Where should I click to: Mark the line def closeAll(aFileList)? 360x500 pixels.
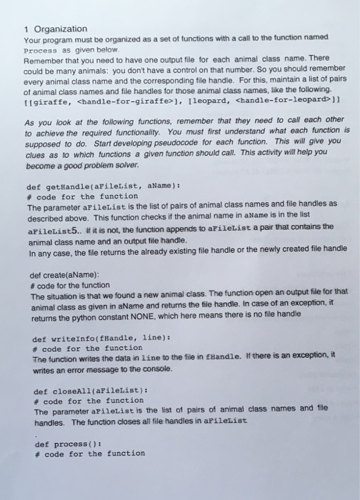click(x=91, y=392)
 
